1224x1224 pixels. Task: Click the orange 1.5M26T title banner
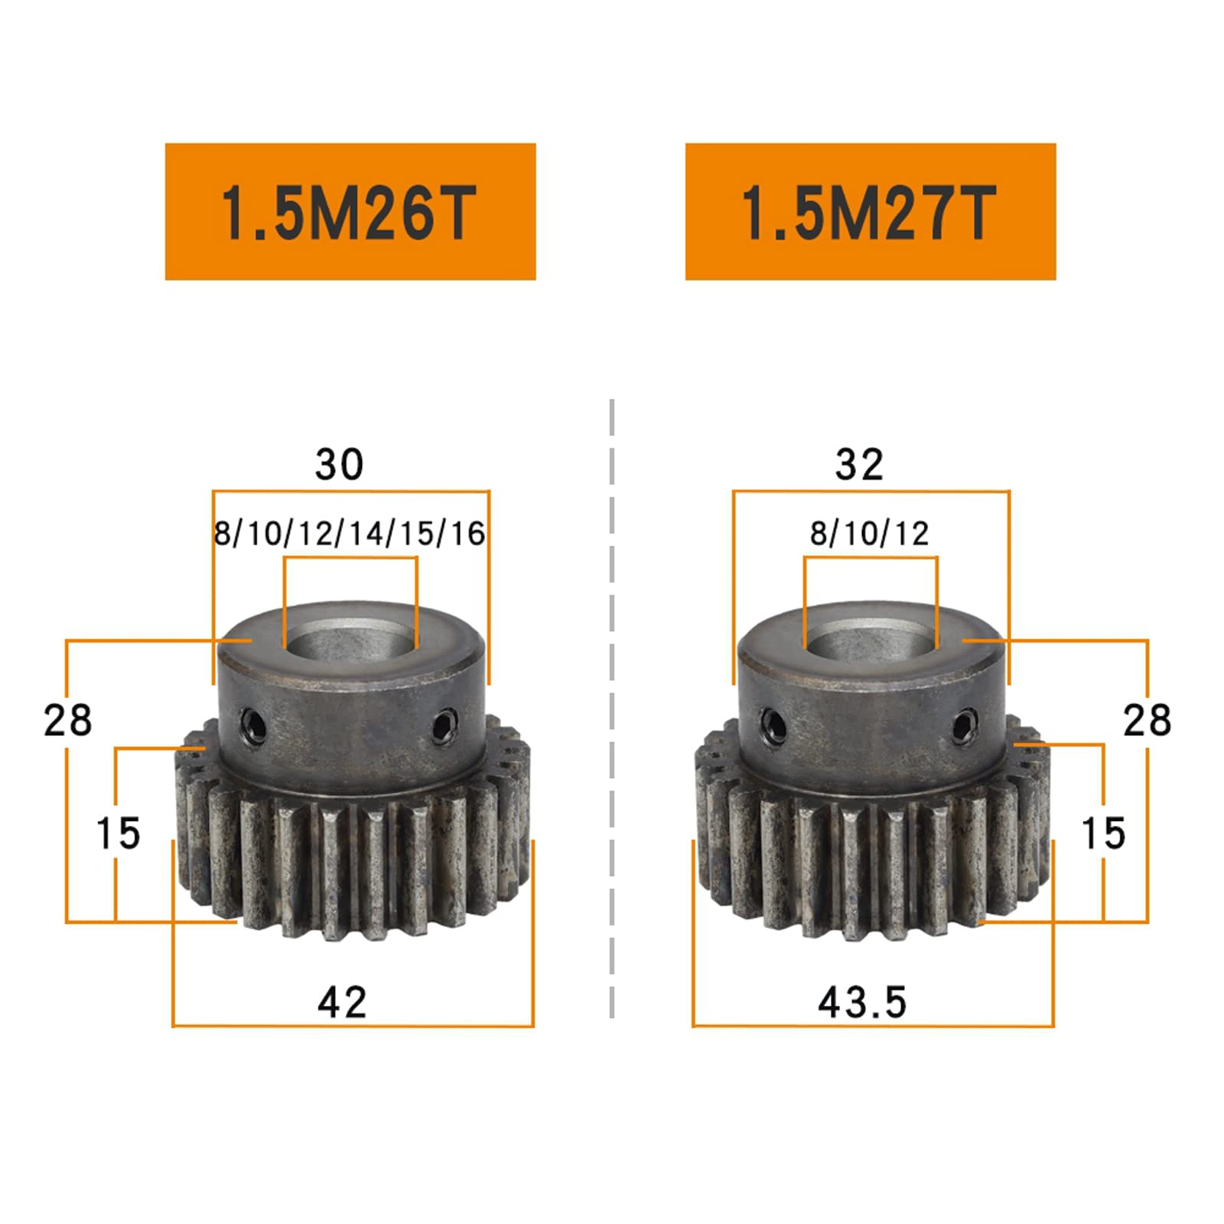pyautogui.click(x=350, y=211)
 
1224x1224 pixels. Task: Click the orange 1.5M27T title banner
pyautogui.click(x=871, y=211)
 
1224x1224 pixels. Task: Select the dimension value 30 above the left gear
pyautogui.click(x=339, y=464)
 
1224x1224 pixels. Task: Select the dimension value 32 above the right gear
pyautogui.click(x=859, y=464)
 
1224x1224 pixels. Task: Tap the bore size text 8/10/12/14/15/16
pyautogui.click(x=350, y=533)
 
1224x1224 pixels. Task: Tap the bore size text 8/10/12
pyautogui.click(x=870, y=533)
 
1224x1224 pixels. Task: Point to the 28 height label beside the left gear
pyautogui.click(x=67, y=721)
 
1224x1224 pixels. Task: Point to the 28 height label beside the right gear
pyautogui.click(x=1147, y=721)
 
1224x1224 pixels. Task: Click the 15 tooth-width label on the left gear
pyautogui.click(x=118, y=833)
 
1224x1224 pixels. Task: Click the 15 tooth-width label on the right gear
pyautogui.click(x=1103, y=833)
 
